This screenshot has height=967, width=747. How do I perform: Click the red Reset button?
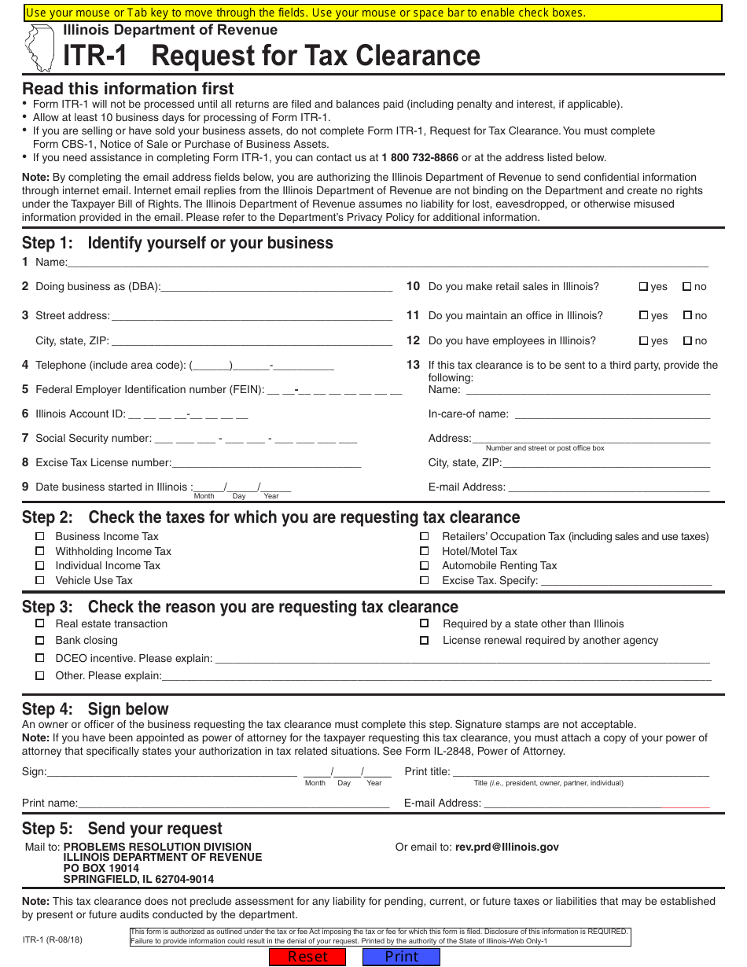coord(307,957)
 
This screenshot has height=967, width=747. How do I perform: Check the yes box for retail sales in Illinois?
coord(643,287)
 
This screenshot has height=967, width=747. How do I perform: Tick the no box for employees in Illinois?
coord(687,341)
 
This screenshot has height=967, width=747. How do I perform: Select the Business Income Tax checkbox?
coord(40,537)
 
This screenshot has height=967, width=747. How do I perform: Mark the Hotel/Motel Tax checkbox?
coord(425,552)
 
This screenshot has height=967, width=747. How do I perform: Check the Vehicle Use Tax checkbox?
coord(40,580)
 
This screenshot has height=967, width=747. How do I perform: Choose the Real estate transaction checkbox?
coord(40,623)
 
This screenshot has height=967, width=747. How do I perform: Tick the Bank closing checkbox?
coord(40,641)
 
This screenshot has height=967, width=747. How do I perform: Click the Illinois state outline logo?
coord(39,47)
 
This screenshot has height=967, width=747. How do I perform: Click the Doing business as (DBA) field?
coord(277,287)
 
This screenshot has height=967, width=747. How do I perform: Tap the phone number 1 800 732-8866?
coord(420,158)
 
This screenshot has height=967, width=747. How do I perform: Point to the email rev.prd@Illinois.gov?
coord(507,848)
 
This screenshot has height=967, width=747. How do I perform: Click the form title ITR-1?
coord(95,57)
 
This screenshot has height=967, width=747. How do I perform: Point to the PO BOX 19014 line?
coord(101,869)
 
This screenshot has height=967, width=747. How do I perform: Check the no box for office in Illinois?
coord(687,315)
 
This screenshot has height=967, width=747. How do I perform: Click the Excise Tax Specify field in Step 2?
coord(626,581)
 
